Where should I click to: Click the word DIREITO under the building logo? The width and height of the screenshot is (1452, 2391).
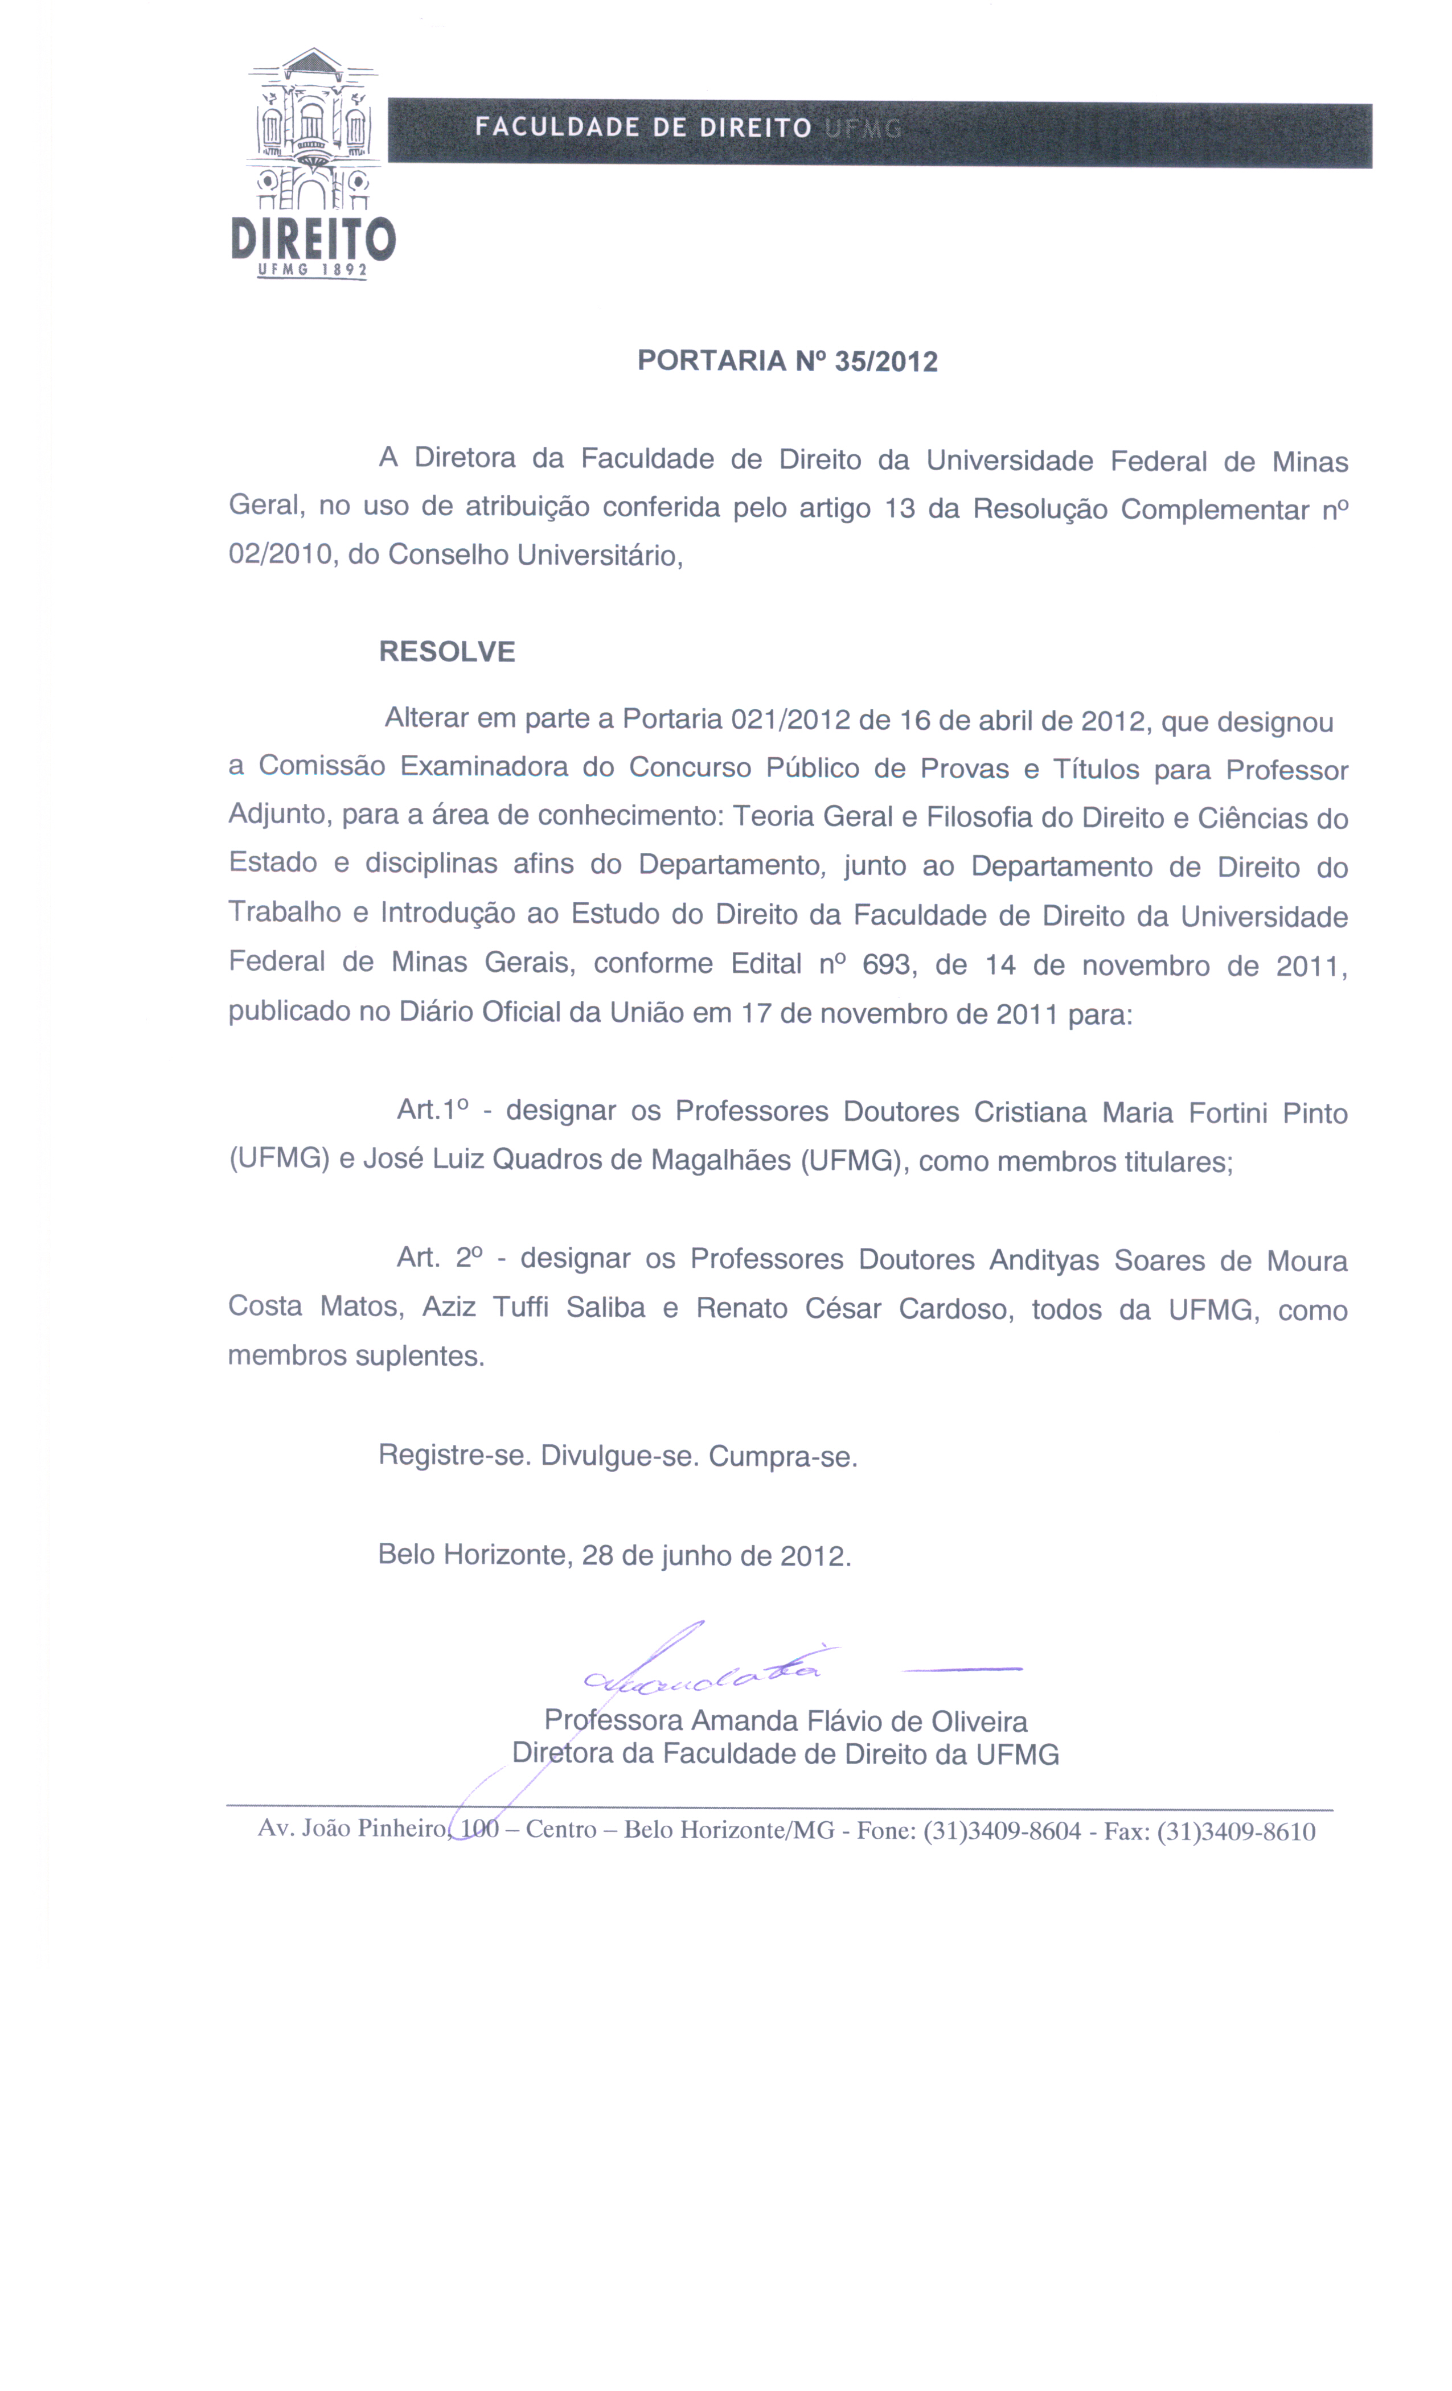tap(313, 239)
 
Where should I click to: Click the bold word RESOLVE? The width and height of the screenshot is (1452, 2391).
tap(446, 651)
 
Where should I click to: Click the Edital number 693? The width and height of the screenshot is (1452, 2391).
tap(886, 964)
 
